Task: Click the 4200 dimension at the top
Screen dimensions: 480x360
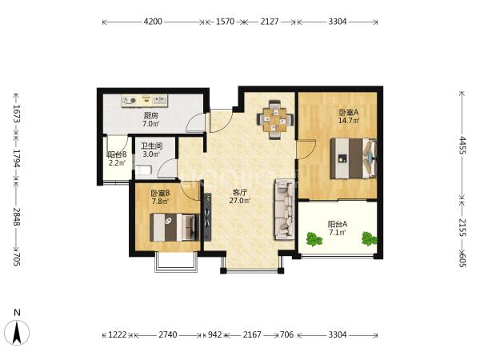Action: (x=153, y=22)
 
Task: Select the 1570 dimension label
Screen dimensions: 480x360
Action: (x=226, y=22)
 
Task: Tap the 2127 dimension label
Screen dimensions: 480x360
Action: (x=270, y=22)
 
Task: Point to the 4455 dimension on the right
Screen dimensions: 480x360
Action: (x=462, y=146)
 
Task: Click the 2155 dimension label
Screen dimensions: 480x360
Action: (x=462, y=227)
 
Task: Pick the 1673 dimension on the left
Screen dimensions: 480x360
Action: (x=17, y=114)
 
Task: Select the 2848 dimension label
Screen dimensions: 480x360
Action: (x=17, y=217)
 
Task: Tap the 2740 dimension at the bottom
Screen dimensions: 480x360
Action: (x=168, y=335)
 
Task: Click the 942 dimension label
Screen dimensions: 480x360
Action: (x=215, y=335)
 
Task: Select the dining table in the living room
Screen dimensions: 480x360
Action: (x=275, y=119)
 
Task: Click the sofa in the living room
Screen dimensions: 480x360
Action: (x=285, y=209)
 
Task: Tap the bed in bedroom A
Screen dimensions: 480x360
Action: (x=354, y=158)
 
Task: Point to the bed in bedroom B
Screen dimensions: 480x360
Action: (x=174, y=227)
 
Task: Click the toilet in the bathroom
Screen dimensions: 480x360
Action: (x=143, y=170)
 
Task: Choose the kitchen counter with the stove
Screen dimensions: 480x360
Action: (x=144, y=101)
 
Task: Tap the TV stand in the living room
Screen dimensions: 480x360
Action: (x=207, y=217)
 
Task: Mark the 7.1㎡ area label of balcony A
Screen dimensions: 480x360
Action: (x=338, y=232)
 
